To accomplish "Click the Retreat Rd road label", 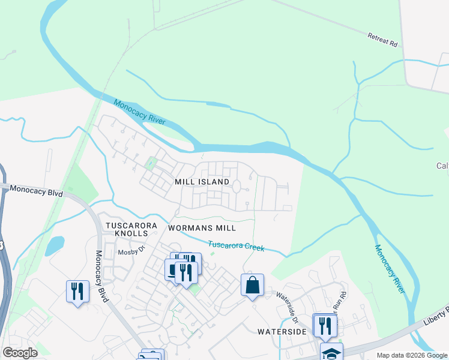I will click(x=383, y=40).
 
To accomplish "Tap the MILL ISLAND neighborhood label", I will click(x=202, y=181).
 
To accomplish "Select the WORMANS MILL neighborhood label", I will click(x=202, y=228).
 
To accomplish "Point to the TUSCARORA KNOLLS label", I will click(x=131, y=230).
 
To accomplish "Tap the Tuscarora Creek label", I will click(x=236, y=246).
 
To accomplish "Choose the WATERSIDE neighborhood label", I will click(x=282, y=331).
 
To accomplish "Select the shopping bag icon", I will click(x=253, y=284).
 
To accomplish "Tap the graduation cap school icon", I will click(x=331, y=353).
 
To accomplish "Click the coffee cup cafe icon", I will click(x=173, y=271).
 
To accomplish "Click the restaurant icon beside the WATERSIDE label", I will click(x=325, y=325).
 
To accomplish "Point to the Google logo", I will click(x=20, y=353).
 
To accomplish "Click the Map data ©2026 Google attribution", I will click(x=411, y=355).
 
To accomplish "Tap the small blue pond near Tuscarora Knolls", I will click(x=54, y=245).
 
